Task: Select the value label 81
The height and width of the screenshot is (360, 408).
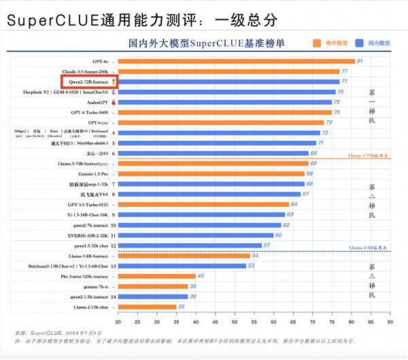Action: click(x=360, y=61)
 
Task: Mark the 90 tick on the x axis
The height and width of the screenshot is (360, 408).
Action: click(x=390, y=321)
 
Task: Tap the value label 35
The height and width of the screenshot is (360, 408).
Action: click(x=182, y=307)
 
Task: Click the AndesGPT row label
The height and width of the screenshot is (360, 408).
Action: click(x=96, y=102)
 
